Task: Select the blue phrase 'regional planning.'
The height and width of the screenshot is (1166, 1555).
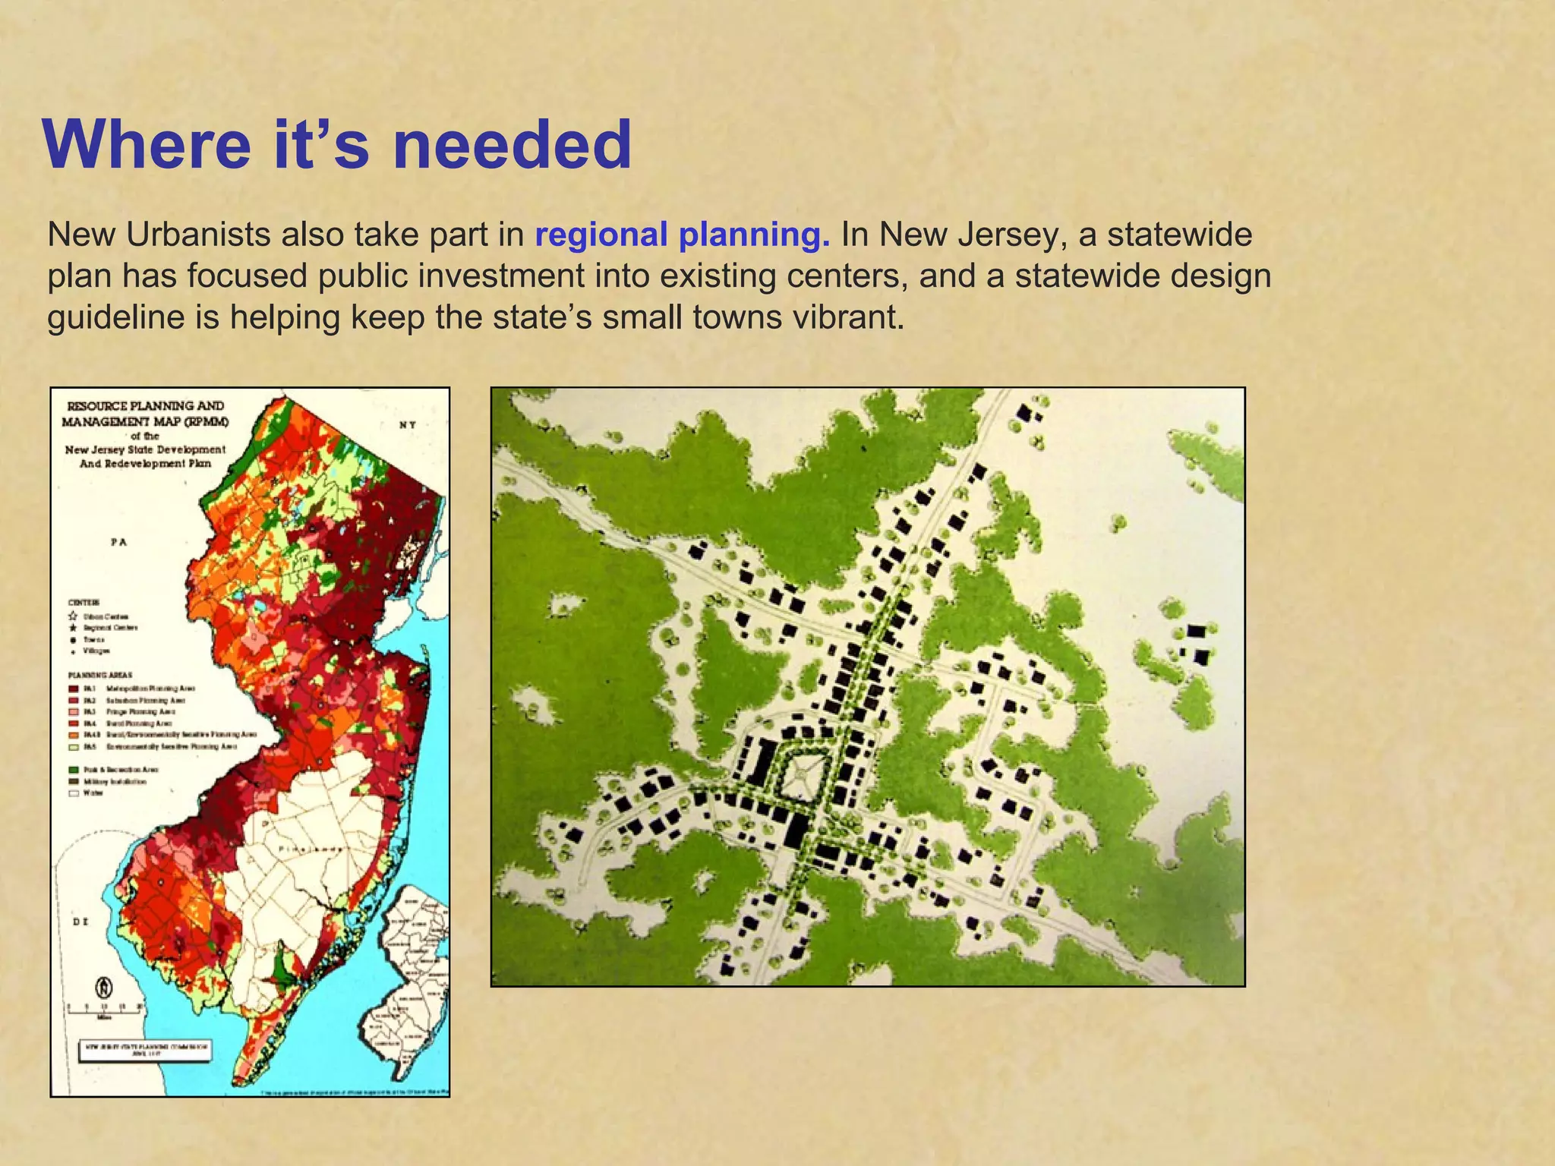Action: tap(683, 235)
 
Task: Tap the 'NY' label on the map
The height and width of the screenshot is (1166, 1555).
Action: tap(408, 425)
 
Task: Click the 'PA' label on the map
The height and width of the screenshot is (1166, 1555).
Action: tap(118, 542)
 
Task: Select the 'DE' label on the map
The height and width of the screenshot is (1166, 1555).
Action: tap(80, 922)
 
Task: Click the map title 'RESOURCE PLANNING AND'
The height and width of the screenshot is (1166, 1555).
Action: tap(146, 406)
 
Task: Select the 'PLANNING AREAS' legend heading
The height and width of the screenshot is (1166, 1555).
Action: tap(100, 674)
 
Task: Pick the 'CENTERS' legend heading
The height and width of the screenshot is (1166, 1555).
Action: tap(84, 602)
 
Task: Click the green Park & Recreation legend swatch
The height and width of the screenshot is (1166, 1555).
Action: tap(74, 770)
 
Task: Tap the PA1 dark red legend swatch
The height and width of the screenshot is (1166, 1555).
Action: tap(74, 689)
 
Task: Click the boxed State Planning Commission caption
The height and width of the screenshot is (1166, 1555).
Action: tap(146, 1051)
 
